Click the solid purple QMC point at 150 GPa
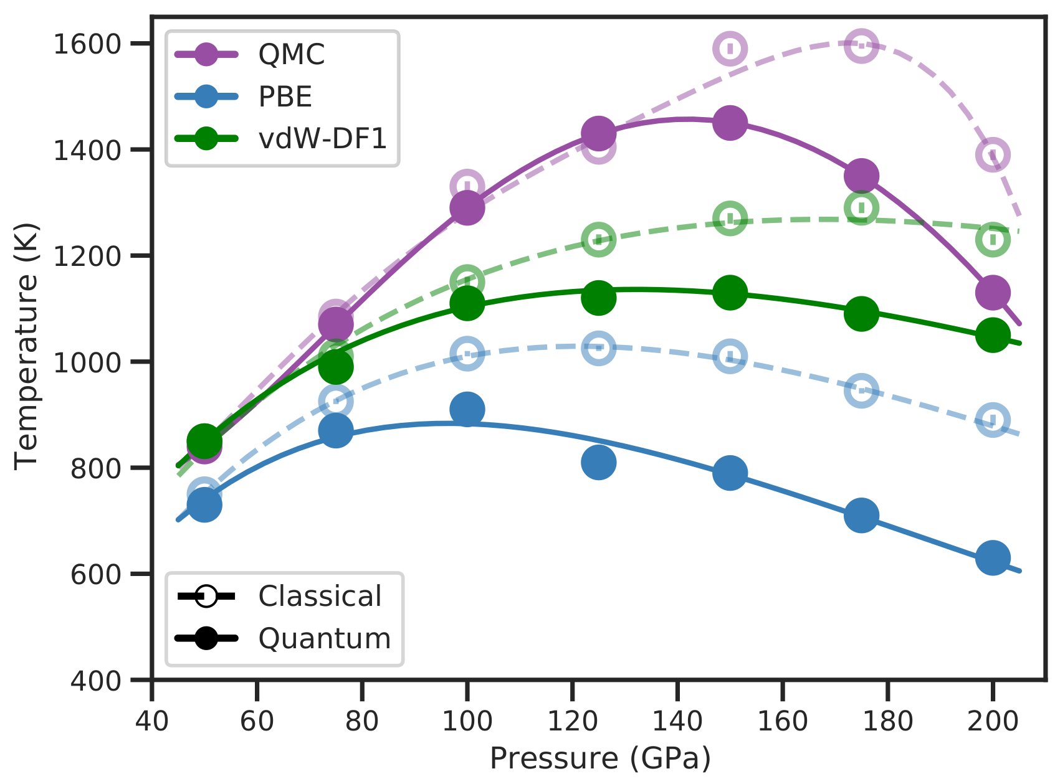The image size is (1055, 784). pos(730,123)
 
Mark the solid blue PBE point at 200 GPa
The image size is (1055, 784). pos(993,557)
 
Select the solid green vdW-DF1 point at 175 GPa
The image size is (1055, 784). pos(861,313)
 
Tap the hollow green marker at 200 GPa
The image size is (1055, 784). pos(993,239)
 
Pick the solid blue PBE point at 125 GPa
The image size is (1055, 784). pos(598,462)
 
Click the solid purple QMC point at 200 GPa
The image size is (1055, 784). pos(993,292)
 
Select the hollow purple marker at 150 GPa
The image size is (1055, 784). pos(730,48)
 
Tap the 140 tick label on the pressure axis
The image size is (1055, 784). pos(677,721)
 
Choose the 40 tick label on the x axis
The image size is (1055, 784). pos(152,721)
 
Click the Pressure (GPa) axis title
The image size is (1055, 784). pos(599,759)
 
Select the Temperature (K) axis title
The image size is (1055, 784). pos(26,346)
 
